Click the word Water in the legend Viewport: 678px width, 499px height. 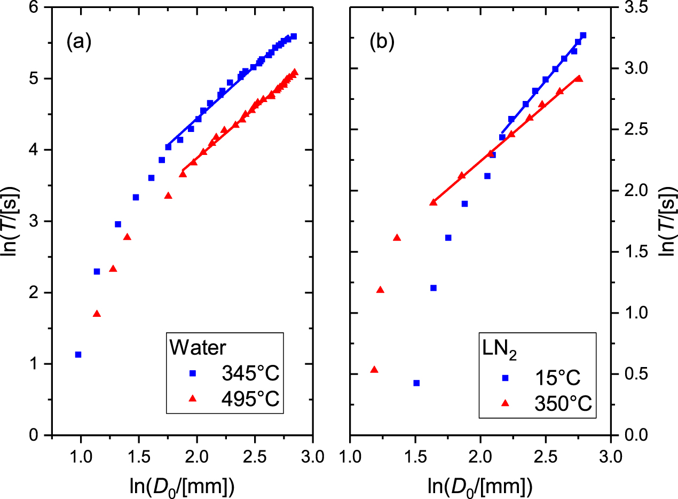pos(198,348)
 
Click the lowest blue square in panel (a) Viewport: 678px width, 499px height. pos(78,354)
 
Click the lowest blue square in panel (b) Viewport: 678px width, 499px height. pos(416,383)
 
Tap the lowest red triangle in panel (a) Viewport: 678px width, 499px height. pos(97,314)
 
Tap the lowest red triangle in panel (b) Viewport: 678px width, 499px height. pos(374,370)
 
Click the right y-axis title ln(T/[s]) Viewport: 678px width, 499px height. pos(666,222)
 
